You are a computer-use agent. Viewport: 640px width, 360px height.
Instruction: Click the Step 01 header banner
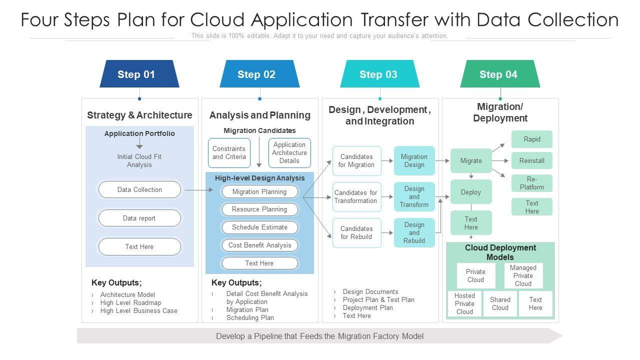(139, 73)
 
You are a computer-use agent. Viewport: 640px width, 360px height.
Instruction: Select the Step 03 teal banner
(379, 73)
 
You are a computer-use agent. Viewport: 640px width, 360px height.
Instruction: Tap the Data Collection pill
(139, 189)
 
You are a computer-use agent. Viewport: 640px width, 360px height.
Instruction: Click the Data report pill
(139, 218)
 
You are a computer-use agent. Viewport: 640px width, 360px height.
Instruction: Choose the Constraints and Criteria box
(229, 153)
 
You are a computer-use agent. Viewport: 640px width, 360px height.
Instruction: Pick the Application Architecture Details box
(289, 153)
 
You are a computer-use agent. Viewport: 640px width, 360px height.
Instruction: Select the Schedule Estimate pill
(259, 227)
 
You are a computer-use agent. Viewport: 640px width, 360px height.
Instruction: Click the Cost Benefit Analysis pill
(259, 245)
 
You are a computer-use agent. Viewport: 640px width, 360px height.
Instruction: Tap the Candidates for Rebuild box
(356, 232)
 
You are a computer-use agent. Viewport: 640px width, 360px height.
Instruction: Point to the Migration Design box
(414, 160)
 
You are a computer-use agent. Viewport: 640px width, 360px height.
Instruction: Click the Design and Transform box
(414, 196)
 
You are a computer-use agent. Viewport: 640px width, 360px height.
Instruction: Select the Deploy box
(471, 192)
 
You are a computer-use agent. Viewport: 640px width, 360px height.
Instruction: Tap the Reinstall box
(531, 160)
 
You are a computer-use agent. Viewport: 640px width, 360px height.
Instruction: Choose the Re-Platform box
(531, 183)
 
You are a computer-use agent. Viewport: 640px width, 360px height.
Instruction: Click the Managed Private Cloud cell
(523, 275)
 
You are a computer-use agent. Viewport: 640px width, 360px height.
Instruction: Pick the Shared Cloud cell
(500, 303)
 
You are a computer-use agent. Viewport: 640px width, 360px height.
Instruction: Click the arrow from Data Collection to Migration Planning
(199, 190)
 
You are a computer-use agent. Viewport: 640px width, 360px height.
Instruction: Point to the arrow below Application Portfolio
(139, 143)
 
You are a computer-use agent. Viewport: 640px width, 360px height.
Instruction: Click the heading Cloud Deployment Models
(500, 252)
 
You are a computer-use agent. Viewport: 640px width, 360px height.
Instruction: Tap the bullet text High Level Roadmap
(130, 302)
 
